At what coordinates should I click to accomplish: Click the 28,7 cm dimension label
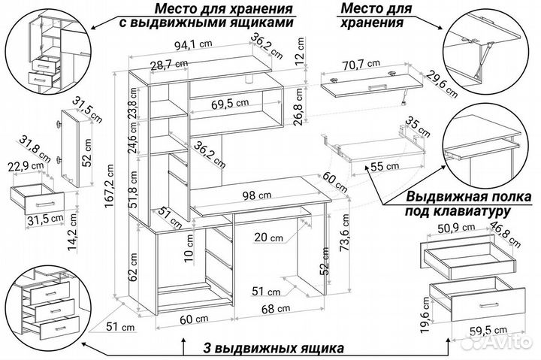168,65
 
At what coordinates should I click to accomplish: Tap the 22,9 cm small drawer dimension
25,166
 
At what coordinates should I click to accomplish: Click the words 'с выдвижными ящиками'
204,23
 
